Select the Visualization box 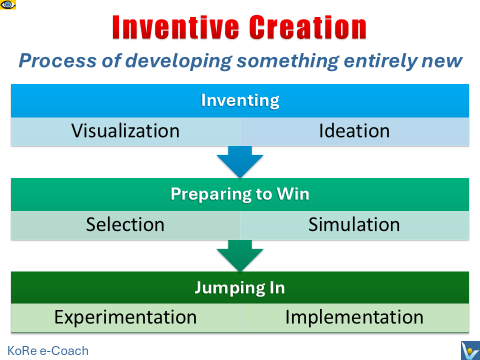(x=127, y=131)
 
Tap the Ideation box (x=353, y=131)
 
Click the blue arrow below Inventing (x=240, y=161)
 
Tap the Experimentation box (x=127, y=319)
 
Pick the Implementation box (x=353, y=319)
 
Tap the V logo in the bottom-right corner (x=467, y=349)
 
